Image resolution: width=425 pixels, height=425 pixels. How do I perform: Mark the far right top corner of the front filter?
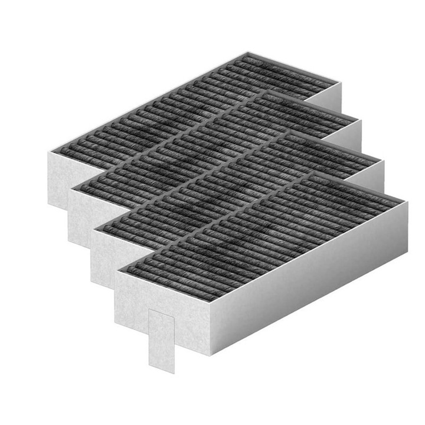[x=407, y=202]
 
